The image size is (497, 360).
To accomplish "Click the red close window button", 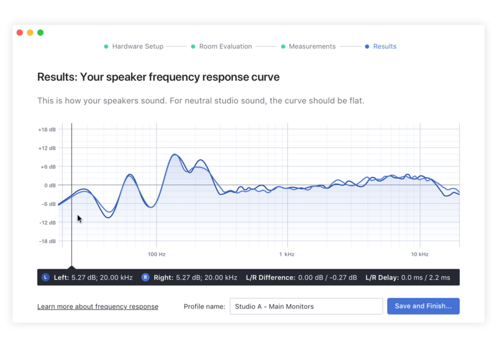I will [20, 33].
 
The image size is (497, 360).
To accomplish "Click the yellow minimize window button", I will [30, 33].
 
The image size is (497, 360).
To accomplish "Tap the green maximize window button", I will [40, 33].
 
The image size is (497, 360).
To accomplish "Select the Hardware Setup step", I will [137, 47].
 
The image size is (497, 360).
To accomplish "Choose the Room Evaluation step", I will [226, 47].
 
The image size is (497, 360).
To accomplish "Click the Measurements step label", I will [312, 47].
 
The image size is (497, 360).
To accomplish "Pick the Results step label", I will [385, 47].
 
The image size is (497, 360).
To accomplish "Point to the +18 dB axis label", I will [47, 130].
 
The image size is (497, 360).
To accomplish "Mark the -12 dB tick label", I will [47, 223].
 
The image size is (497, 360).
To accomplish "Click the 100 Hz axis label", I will [157, 254].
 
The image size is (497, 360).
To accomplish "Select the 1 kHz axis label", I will [286, 254].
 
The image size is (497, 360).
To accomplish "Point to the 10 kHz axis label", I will [419, 254].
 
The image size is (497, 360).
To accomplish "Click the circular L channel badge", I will [45, 277].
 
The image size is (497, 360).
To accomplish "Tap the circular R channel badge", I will [145, 277].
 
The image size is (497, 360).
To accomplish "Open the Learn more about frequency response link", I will [98, 307].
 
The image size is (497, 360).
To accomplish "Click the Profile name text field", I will [306, 307].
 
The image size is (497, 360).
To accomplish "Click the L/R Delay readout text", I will [408, 277].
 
